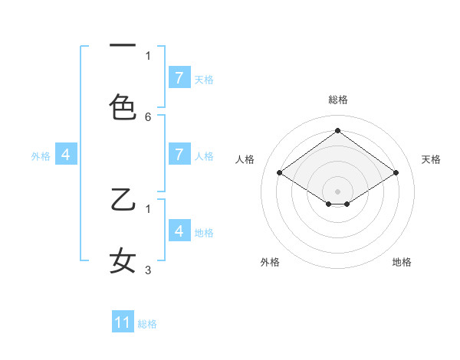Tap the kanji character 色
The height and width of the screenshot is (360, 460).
coord(123,107)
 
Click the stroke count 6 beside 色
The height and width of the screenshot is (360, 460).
coord(148,117)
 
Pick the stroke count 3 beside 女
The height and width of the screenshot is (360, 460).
coord(148,270)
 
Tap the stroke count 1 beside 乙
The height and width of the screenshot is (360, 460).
coord(148,208)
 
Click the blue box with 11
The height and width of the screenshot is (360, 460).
coord(123,322)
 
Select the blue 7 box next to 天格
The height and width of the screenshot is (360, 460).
coord(179,78)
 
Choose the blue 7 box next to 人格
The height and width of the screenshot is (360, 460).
coord(179,155)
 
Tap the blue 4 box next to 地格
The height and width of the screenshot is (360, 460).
coord(179,231)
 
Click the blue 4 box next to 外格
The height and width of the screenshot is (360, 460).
coord(66,155)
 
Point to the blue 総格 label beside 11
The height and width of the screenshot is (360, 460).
coord(147,323)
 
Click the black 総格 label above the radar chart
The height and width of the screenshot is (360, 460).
coord(337,100)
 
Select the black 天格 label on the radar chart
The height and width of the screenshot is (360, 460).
coord(431,159)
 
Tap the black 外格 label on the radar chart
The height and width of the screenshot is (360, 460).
coord(270,262)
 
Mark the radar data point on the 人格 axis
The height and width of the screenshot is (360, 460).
coord(280,173)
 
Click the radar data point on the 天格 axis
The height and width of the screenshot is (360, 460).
coord(396,173)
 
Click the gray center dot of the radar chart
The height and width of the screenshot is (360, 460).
coord(337,191)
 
